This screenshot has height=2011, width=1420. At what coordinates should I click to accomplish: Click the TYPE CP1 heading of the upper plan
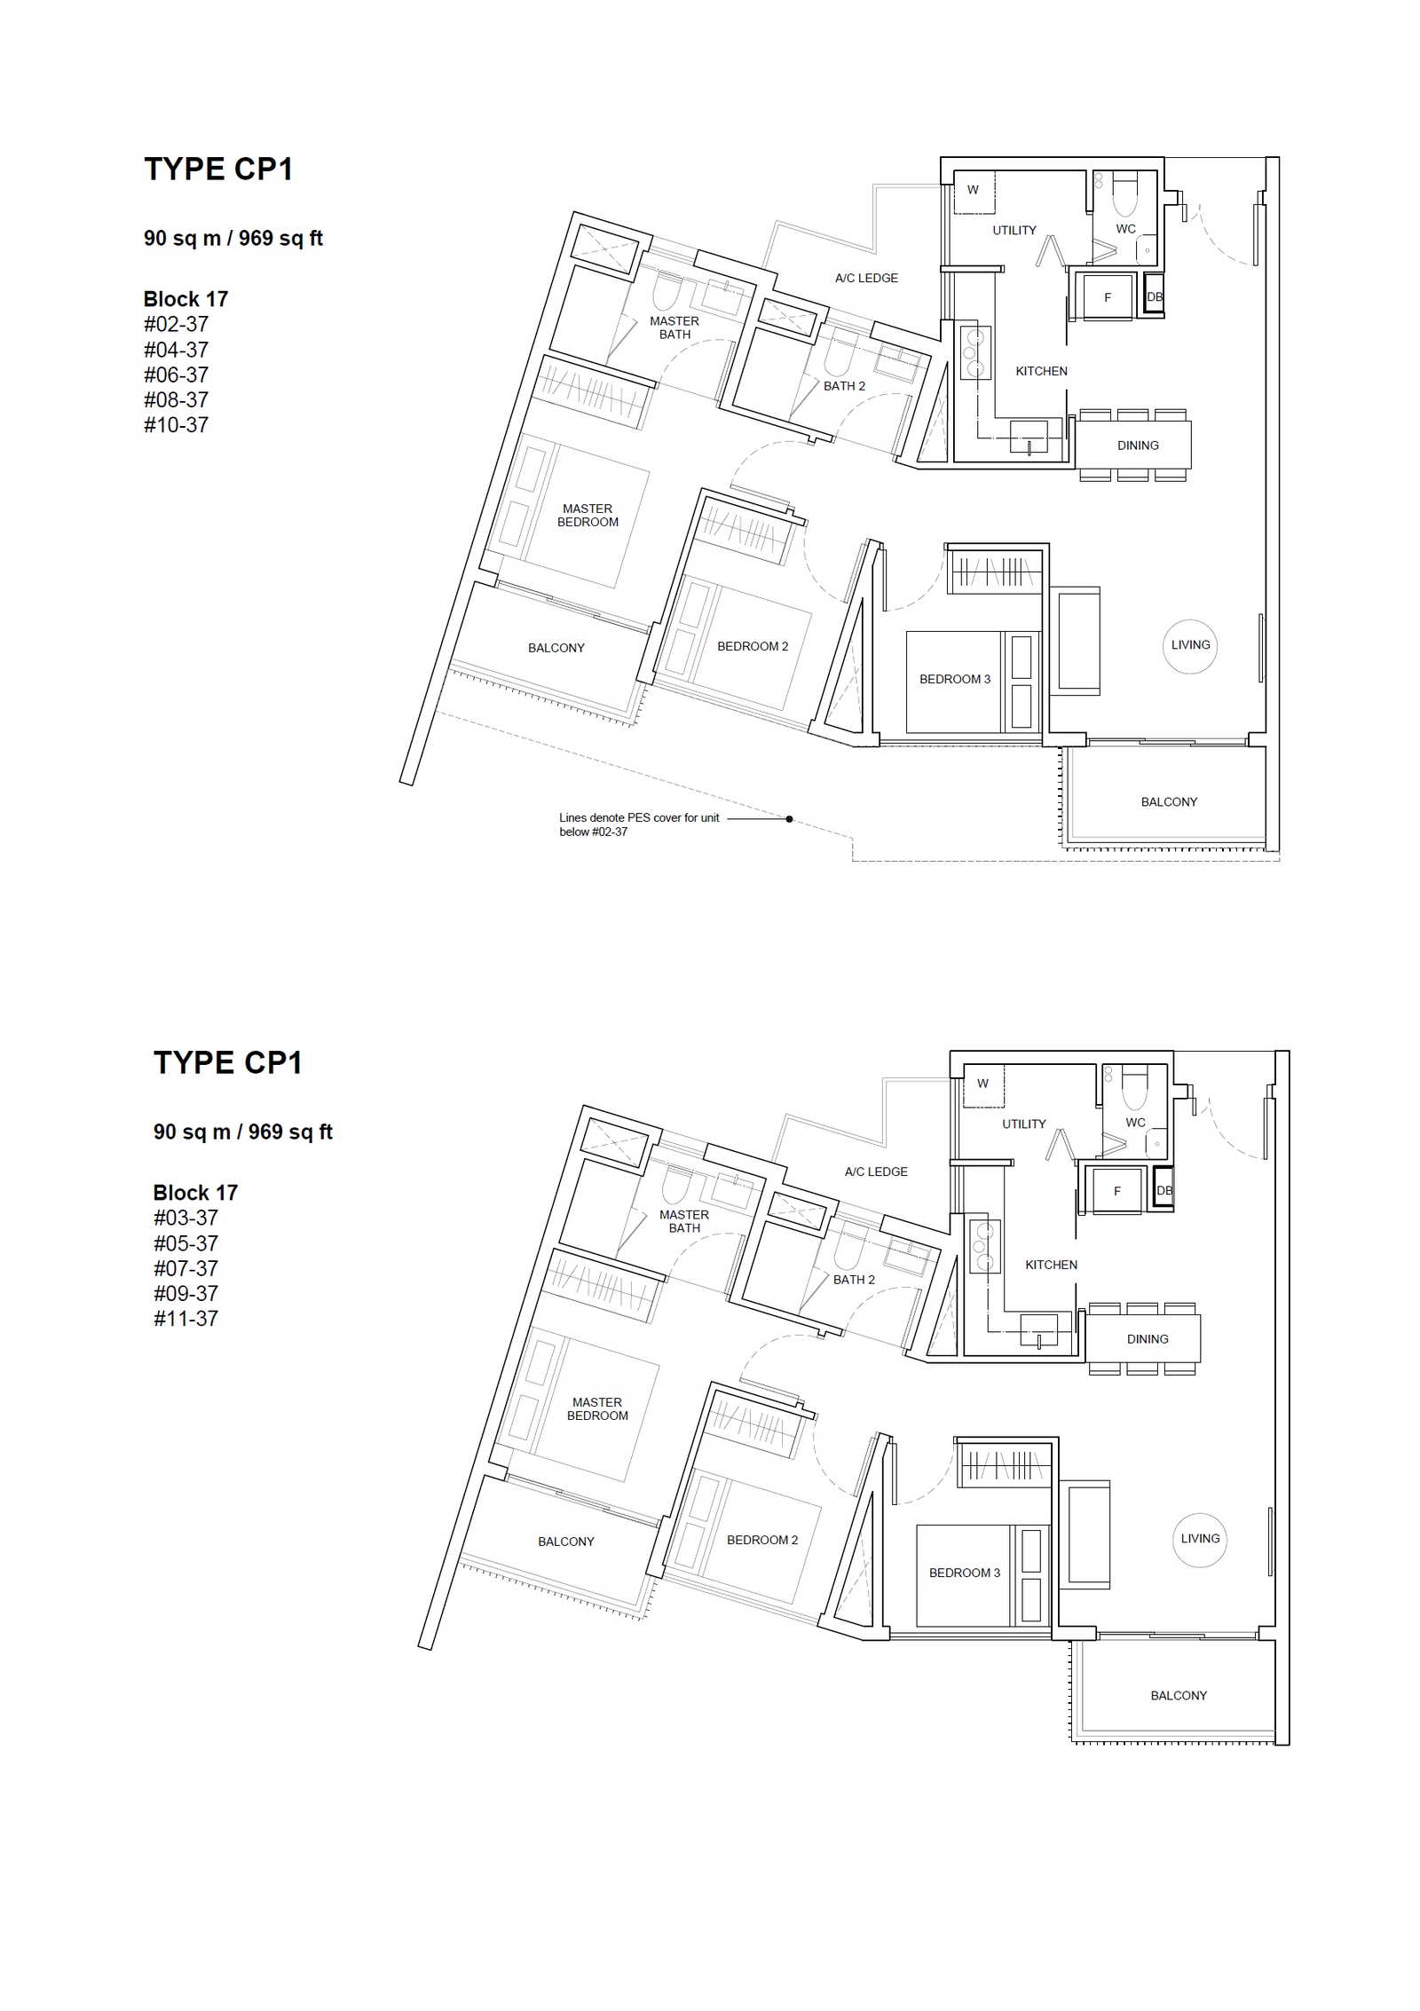pos(218,170)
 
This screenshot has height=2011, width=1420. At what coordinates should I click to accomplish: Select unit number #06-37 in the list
pos(176,375)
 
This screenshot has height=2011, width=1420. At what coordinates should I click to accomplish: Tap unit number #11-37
pos(185,1319)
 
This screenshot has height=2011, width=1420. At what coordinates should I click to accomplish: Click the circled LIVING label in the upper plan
pos(1190,645)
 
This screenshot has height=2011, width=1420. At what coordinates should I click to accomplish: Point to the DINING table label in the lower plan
pos(1148,1339)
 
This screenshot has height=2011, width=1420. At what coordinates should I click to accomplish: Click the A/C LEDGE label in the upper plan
pos(866,278)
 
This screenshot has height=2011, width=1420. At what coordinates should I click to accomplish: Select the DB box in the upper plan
pos(1154,296)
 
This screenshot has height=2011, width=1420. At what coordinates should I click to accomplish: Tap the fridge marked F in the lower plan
pos(1116,1191)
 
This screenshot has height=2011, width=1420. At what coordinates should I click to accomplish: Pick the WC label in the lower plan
pos(1135,1123)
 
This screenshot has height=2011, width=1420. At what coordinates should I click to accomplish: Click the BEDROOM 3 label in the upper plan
pos(955,679)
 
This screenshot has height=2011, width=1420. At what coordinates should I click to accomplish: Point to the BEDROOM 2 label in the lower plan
pos(762,1540)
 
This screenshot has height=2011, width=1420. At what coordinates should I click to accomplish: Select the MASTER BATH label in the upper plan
pos(674,327)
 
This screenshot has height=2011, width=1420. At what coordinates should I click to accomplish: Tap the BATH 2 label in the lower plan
pos(854,1280)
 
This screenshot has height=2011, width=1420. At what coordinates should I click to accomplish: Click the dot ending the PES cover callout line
pos(789,819)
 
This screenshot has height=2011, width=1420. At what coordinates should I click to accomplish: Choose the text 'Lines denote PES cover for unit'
pos(639,817)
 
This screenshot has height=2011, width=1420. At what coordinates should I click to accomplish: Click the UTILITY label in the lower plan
pos(1024,1124)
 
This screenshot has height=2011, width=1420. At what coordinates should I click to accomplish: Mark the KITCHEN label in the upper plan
pos(1041,371)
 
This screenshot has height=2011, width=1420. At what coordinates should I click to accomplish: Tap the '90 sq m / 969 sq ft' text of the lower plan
pos(243,1132)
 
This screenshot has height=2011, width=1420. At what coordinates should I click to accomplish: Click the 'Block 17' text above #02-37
pos(185,299)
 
